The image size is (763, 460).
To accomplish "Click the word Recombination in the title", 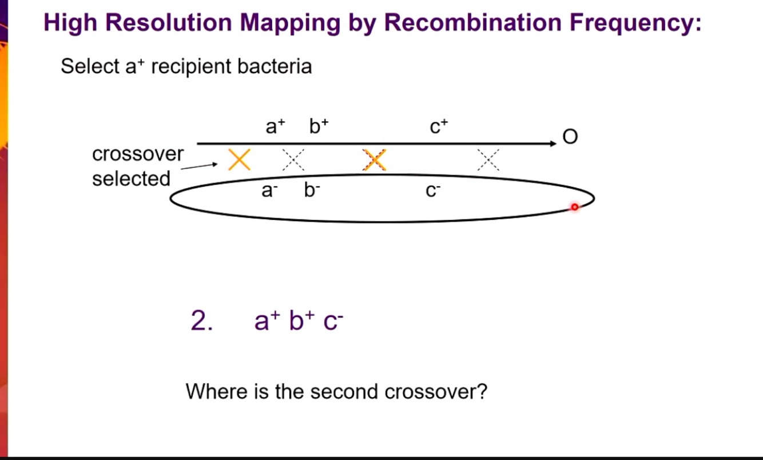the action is (x=473, y=23).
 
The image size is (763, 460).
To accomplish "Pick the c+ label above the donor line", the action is (x=439, y=126).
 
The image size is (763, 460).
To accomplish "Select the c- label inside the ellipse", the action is (x=432, y=191).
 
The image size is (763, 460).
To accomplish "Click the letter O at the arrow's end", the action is (x=570, y=137).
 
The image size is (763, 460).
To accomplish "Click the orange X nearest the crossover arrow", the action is (x=239, y=159).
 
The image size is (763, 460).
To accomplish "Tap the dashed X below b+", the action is (x=293, y=160).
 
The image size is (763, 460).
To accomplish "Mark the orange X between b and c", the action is (x=375, y=160).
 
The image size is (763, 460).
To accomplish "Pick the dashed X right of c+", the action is (x=488, y=160).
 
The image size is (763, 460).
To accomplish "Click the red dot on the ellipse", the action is (x=575, y=207).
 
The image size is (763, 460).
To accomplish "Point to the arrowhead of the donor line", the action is (x=553, y=144).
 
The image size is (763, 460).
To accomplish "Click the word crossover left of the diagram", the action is (x=138, y=154).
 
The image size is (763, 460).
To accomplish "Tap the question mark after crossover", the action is (x=482, y=391).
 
